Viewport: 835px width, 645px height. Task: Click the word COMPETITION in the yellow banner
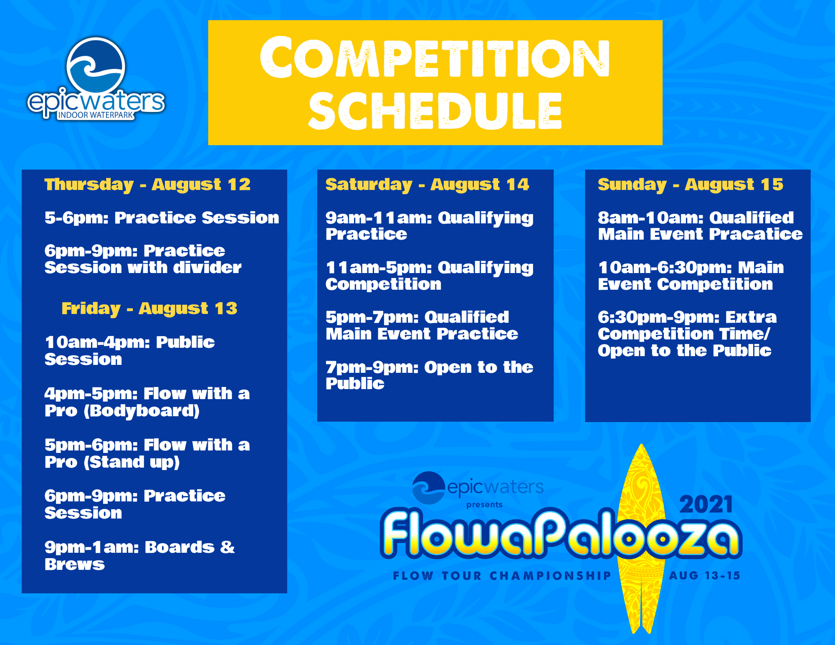point(435,57)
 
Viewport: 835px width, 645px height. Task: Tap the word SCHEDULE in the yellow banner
point(435,111)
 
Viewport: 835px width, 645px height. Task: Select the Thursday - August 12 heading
point(147,185)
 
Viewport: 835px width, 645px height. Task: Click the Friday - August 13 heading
point(149,309)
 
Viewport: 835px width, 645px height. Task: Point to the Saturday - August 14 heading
point(427,185)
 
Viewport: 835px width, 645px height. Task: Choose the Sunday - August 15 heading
point(691,185)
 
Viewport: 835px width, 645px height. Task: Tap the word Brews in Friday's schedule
point(75,564)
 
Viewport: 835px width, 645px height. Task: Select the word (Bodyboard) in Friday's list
point(142,411)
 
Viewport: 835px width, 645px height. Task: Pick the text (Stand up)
point(132,462)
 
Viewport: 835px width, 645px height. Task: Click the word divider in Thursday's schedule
point(207,268)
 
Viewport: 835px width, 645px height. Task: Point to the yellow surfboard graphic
point(641,539)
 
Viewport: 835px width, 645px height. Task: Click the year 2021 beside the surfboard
point(706,504)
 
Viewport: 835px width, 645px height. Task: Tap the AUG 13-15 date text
point(704,576)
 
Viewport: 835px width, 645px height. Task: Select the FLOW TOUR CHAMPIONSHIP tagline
point(502,576)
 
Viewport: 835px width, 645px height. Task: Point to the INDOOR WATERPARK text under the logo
point(96,115)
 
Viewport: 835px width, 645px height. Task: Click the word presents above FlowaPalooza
point(484,505)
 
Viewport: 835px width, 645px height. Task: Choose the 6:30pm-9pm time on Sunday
point(658,318)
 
